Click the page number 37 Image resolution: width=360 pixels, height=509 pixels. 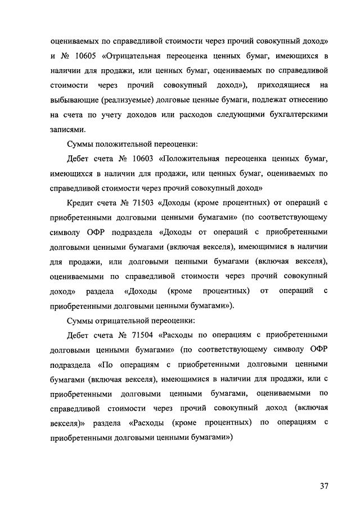tap(323, 470)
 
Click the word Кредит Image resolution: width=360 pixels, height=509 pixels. tap(80, 203)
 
